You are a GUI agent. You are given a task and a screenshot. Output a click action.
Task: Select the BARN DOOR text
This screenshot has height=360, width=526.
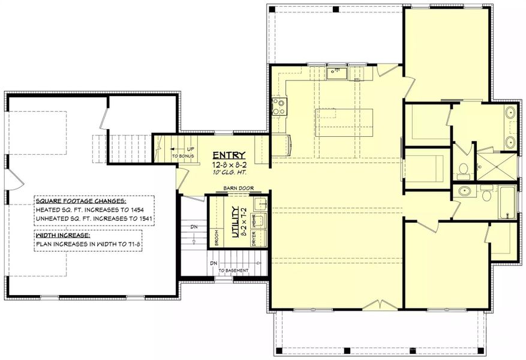point(237,187)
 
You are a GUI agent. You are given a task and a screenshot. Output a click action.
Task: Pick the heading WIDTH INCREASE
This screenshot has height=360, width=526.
point(62,235)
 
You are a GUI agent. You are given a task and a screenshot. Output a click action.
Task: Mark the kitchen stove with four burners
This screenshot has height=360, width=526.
point(278,107)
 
